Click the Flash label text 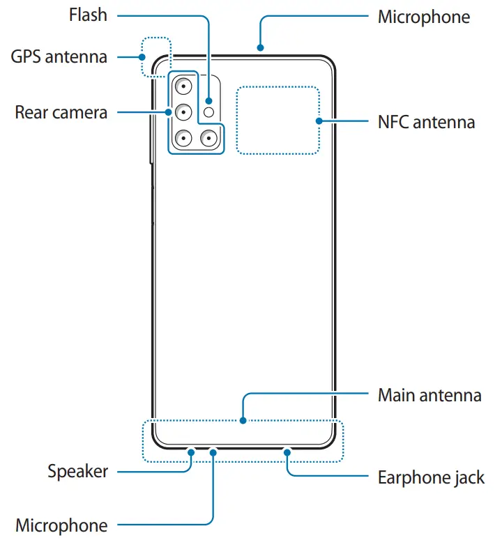click(x=88, y=15)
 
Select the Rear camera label click(x=61, y=111)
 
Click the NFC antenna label click(x=426, y=122)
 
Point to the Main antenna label click(x=429, y=395)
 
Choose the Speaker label click(x=78, y=471)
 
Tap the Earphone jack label click(x=431, y=477)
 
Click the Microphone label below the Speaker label click(x=61, y=525)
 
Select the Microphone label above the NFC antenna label click(x=424, y=17)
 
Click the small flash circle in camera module click(x=208, y=111)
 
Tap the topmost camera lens click(x=183, y=86)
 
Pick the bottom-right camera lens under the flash click(x=208, y=138)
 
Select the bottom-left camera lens click(x=183, y=138)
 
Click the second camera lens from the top click(x=183, y=111)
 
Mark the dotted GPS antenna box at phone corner click(x=155, y=56)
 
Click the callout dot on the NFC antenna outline click(x=319, y=121)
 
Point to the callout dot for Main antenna click(x=243, y=420)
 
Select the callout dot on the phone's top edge click(x=259, y=48)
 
